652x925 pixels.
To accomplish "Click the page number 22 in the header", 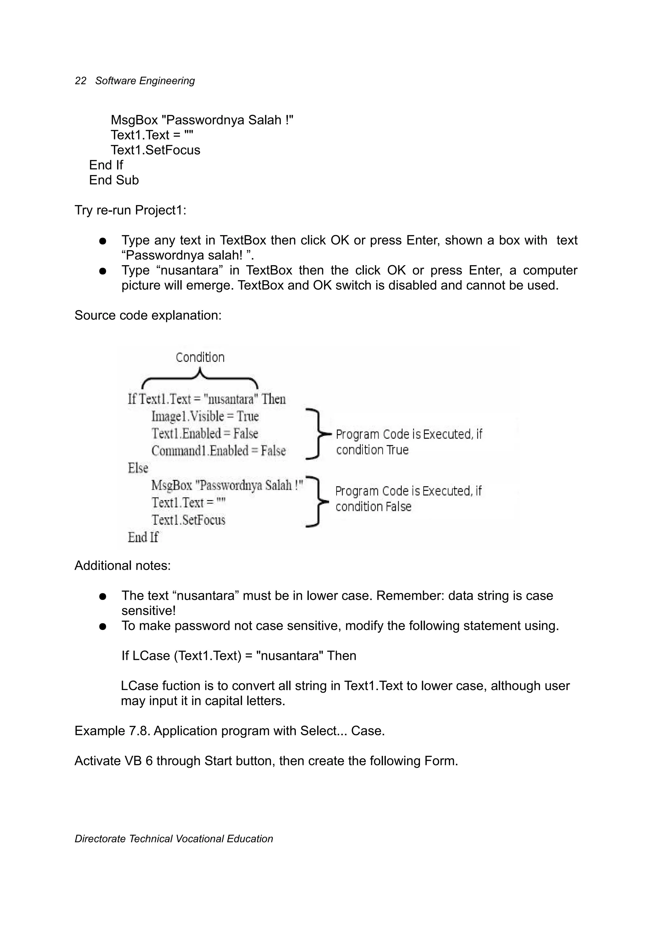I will pyautogui.click(x=81, y=81).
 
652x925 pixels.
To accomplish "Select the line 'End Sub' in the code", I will pyautogui.click(x=114, y=180).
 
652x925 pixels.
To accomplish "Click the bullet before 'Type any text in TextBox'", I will pyautogui.click(x=103, y=241).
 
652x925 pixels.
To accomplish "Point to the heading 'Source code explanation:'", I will pyautogui.click(x=148, y=315).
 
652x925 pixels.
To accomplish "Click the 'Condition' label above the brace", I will pyautogui.click(x=200, y=357).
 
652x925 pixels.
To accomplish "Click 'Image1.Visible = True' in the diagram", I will pyautogui.click(x=205, y=416).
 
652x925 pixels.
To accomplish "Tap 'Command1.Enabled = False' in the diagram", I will pyautogui.click(x=218, y=450).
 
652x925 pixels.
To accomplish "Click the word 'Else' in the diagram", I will pyautogui.click(x=138, y=468).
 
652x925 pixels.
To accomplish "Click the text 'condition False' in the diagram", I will pyautogui.click(x=373, y=507).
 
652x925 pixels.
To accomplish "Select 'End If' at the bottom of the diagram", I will pyautogui.click(x=143, y=537).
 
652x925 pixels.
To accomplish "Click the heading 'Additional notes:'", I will pyautogui.click(x=123, y=566).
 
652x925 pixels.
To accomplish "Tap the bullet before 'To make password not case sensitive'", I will pyautogui.click(x=103, y=626).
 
